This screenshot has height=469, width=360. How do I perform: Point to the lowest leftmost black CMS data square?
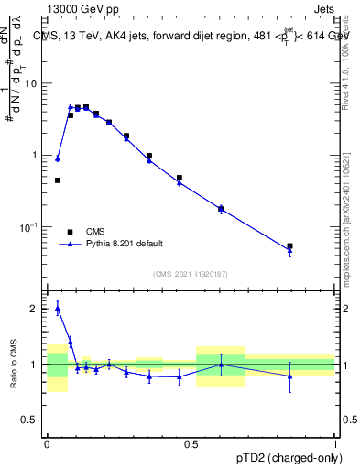(58, 180)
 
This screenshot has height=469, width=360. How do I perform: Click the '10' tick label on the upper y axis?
(34, 84)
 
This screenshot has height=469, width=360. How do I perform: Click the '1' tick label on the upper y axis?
(37, 156)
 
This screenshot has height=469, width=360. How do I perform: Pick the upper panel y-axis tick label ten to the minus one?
(31, 227)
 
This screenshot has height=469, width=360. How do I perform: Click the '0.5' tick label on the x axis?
(191, 443)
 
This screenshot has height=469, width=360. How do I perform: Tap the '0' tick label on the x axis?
(47, 443)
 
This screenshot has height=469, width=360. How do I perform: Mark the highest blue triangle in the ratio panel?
(58, 310)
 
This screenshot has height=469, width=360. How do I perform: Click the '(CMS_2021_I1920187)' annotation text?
(191, 274)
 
